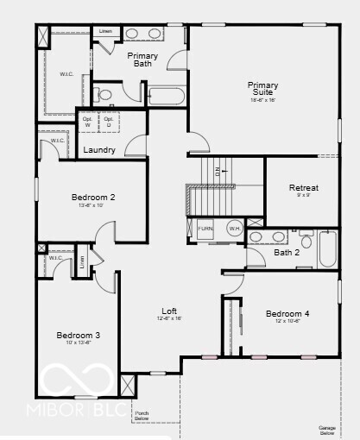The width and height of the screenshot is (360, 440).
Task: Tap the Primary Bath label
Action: point(142,60)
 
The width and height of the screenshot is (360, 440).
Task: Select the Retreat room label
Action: point(304,188)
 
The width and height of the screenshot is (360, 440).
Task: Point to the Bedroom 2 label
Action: point(93,198)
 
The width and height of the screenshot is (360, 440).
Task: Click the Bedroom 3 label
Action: point(79,335)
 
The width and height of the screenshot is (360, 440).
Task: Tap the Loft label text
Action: point(170,311)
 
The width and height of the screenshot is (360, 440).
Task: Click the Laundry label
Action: point(100,150)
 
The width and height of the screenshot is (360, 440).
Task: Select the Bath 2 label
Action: point(287,253)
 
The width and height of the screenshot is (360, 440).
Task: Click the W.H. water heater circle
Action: point(234,229)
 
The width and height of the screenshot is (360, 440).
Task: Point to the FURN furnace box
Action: point(205,229)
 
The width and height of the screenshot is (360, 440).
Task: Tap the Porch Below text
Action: point(142,417)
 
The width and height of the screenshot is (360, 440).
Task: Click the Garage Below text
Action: point(326,429)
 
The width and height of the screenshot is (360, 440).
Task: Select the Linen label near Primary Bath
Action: point(105,31)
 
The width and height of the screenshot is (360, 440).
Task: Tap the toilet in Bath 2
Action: point(306,241)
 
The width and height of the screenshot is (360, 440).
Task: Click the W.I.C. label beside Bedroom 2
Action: point(57,140)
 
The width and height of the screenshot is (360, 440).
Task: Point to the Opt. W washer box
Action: point(87,122)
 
